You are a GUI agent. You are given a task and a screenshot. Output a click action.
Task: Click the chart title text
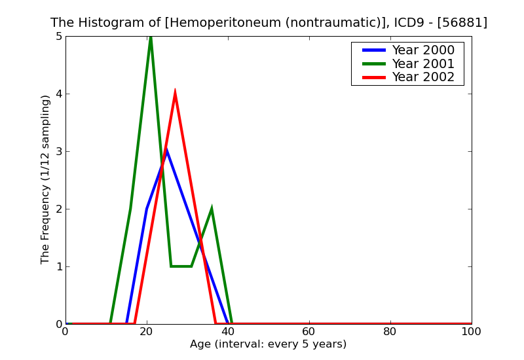(x=269, y=23)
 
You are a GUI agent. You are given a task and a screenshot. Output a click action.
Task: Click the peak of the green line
(x=151, y=38)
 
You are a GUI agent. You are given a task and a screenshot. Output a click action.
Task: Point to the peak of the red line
(x=175, y=92)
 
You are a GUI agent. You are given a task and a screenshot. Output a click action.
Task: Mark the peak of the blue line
(x=167, y=151)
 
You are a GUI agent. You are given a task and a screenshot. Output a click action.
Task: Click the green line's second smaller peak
(x=211, y=209)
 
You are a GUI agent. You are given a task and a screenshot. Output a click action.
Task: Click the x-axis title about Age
(x=268, y=344)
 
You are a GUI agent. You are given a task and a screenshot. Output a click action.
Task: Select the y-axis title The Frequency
(x=45, y=179)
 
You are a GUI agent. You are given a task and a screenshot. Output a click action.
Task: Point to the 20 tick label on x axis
(x=146, y=332)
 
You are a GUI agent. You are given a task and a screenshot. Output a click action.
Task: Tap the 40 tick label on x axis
(x=227, y=332)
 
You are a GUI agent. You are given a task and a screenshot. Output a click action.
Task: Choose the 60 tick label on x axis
(x=309, y=332)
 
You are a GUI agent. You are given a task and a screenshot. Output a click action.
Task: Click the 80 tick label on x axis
(x=390, y=332)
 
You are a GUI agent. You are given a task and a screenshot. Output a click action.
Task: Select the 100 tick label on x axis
(x=471, y=332)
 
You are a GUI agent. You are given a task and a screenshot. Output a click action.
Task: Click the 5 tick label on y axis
(x=58, y=37)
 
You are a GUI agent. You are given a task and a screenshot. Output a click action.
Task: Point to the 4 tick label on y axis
(x=58, y=94)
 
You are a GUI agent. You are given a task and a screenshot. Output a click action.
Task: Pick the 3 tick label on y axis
(x=58, y=152)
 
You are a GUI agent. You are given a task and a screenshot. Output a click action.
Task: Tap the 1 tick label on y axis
(x=58, y=267)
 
